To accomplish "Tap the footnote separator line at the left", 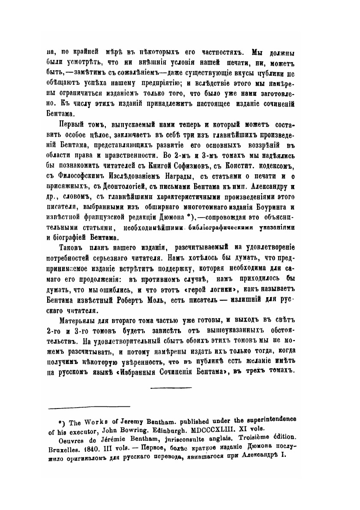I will coord(89,407).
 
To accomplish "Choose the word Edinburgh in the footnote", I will coord(189,429).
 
